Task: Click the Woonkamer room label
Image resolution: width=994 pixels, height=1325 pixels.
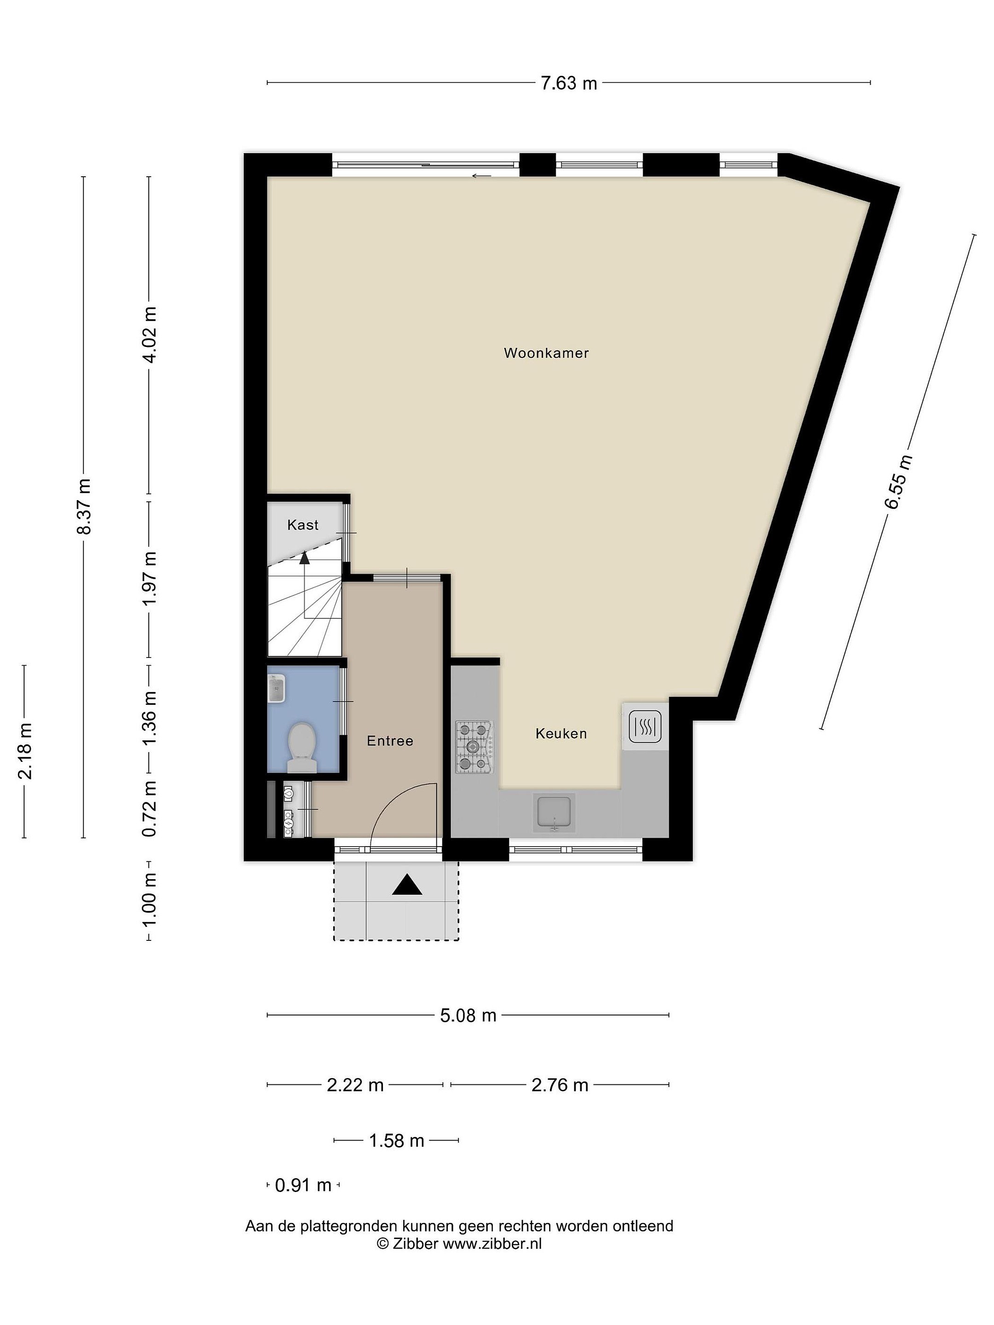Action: [x=546, y=353]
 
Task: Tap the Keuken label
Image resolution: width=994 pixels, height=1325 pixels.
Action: [x=561, y=733]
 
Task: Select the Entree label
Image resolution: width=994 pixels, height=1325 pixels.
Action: [x=390, y=741]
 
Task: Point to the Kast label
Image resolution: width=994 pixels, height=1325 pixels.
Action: [x=303, y=525]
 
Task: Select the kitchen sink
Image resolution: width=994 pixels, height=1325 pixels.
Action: [x=554, y=813]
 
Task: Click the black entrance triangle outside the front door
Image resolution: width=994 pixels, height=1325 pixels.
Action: [x=407, y=885]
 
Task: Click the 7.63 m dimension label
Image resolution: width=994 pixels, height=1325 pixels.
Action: [x=569, y=83]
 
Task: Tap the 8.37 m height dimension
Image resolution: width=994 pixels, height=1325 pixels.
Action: [x=84, y=507]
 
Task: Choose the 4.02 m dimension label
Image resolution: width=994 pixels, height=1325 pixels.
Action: [x=149, y=335]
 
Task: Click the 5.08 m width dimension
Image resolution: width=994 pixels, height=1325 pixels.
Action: [x=468, y=1015]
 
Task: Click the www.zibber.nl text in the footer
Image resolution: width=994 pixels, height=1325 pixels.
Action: [x=492, y=1244]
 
